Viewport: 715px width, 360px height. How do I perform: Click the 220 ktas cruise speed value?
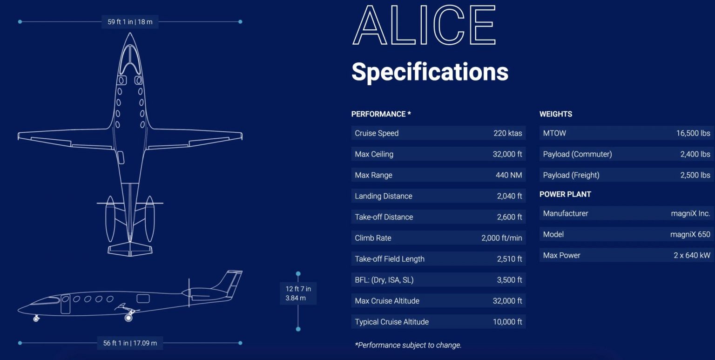tap(507, 133)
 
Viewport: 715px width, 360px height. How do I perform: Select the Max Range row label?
tap(373, 175)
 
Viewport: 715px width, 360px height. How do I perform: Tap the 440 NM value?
tap(509, 175)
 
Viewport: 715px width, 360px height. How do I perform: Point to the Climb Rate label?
tap(373, 238)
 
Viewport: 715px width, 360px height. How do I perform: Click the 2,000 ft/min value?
tap(502, 238)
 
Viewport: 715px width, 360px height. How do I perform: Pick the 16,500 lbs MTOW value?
tap(693, 133)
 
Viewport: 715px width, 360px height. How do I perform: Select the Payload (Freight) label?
tap(571, 175)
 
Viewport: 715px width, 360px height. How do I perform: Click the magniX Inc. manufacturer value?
tap(691, 213)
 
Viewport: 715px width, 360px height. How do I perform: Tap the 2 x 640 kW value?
tap(692, 255)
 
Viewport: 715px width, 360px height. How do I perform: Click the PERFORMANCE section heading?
tap(381, 114)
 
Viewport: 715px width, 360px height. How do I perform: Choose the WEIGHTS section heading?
tap(556, 114)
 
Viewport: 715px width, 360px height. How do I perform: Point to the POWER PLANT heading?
tap(565, 194)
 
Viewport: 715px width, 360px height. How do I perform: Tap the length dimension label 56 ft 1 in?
tap(115, 343)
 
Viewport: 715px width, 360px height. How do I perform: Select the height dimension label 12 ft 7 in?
tap(298, 289)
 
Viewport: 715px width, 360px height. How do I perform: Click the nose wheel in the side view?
tap(36, 319)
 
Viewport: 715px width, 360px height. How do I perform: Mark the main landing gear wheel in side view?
tap(128, 318)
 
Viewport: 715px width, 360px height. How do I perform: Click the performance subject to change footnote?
tap(408, 345)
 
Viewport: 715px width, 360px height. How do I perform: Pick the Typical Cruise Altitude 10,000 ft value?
tap(507, 322)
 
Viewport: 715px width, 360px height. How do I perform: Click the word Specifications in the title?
tap(430, 72)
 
